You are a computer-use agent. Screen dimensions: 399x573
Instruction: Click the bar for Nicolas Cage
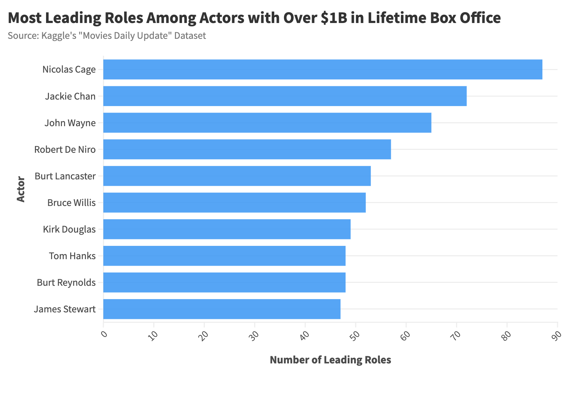(x=322, y=69)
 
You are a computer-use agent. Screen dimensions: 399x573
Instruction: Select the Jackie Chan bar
(x=285, y=96)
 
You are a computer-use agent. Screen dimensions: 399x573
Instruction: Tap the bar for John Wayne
(x=267, y=123)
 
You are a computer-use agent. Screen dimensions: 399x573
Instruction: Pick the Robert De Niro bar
(x=247, y=149)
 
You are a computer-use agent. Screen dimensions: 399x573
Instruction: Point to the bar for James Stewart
(x=222, y=309)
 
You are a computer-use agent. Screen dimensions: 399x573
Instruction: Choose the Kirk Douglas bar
(x=227, y=229)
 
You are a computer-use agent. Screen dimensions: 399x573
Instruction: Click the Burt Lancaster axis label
(x=65, y=176)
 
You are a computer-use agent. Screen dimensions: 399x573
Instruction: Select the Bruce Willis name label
(x=71, y=203)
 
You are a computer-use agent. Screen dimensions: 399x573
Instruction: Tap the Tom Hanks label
(x=72, y=256)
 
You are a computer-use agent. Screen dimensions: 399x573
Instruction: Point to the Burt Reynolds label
(x=66, y=283)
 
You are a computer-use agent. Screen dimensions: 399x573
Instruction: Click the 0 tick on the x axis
(x=104, y=334)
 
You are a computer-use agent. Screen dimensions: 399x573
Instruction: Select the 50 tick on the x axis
(x=356, y=335)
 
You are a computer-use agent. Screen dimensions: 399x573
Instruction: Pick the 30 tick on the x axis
(x=254, y=335)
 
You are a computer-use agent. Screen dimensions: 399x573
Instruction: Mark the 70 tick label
(x=456, y=335)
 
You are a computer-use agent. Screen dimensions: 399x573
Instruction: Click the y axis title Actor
(x=21, y=189)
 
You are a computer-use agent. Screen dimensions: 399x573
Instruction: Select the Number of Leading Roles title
(x=330, y=360)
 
